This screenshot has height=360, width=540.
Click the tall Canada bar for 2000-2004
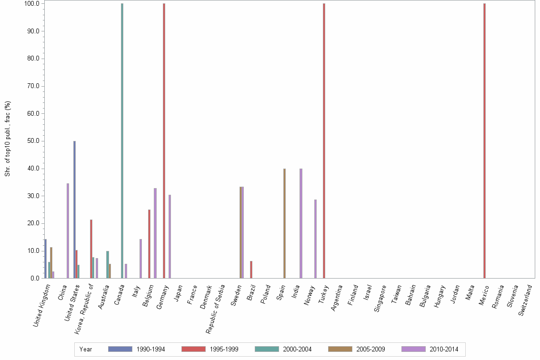tap(122, 140)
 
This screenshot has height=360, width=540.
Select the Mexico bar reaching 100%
tap(484, 140)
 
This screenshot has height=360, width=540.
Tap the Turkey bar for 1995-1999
tap(324, 140)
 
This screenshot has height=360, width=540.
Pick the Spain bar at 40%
tap(284, 223)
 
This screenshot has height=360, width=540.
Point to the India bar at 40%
tap(301, 223)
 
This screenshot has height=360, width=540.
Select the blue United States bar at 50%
tap(74, 210)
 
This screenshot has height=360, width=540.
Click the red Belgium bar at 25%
tap(149, 244)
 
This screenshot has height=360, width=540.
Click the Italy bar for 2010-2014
tap(140, 259)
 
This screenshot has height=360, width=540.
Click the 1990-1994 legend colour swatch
tap(120, 349)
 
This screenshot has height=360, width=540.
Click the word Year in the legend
tap(86, 349)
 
